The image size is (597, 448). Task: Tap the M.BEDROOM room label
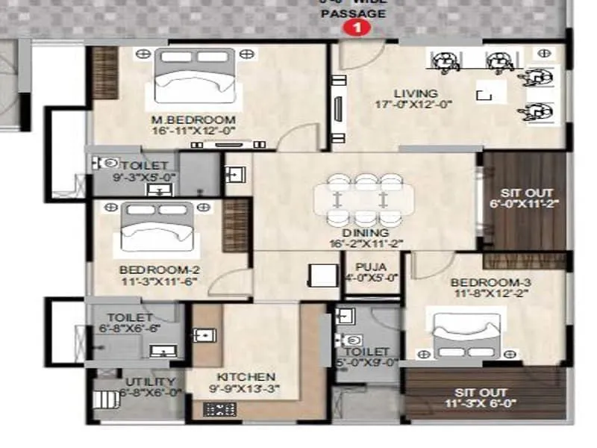point(193,119)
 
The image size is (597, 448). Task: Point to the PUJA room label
point(371,265)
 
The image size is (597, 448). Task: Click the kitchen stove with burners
point(219,409)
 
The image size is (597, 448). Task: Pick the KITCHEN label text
point(246,377)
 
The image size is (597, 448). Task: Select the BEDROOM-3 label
point(481,283)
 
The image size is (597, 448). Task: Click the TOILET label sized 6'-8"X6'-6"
point(130,318)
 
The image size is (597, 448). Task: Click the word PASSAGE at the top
point(360,13)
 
